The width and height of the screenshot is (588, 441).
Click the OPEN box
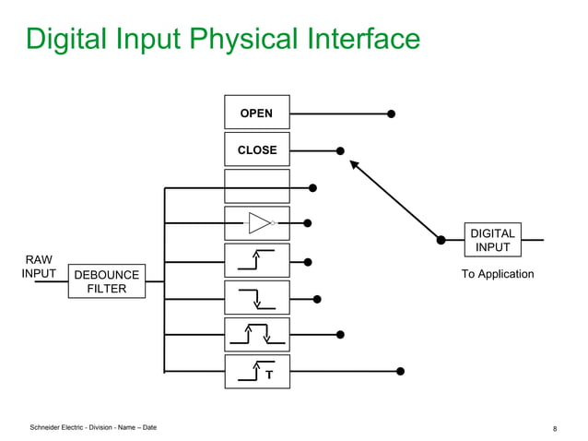[x=256, y=113]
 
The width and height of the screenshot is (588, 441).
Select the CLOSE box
[x=256, y=149]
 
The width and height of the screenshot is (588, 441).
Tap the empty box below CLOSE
[x=256, y=186]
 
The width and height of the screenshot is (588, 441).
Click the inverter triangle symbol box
[x=256, y=223]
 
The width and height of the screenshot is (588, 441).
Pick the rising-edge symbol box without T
[x=256, y=260]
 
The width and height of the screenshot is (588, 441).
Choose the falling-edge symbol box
[x=256, y=297]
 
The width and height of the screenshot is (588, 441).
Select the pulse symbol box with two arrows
[x=256, y=334]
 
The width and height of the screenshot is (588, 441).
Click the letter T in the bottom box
[x=269, y=375]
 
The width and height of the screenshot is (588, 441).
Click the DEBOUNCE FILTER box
[x=106, y=281]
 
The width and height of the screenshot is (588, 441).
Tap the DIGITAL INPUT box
[x=492, y=240]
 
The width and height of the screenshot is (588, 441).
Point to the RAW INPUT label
[x=39, y=267]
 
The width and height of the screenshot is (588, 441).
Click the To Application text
[x=498, y=274]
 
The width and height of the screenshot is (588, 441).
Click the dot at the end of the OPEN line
[x=391, y=114]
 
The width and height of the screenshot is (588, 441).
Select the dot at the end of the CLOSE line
[x=340, y=150]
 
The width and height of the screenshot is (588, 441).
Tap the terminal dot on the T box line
[x=400, y=372]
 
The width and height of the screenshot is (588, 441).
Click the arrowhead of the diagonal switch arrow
[x=353, y=164]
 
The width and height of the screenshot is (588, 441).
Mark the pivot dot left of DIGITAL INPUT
[x=441, y=240]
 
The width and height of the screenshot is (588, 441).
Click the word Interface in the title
[x=357, y=39]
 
